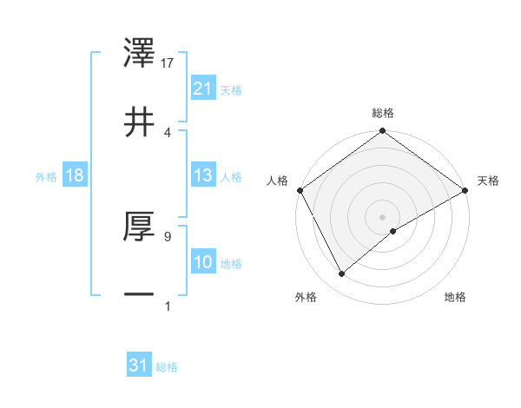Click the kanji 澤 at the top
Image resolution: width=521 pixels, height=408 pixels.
(x=140, y=55)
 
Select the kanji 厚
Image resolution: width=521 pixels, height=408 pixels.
(x=140, y=228)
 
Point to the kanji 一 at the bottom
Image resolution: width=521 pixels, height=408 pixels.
(x=140, y=294)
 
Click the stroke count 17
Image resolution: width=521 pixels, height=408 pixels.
(x=168, y=63)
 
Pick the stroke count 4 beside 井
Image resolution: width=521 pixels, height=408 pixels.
(x=168, y=131)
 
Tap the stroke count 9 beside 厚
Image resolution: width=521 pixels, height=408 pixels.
(x=167, y=235)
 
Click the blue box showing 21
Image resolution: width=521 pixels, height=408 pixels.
(x=203, y=89)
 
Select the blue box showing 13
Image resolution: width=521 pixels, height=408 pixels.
(x=203, y=175)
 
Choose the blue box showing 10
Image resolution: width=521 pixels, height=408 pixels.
(x=203, y=262)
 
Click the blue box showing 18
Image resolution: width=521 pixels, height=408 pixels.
(x=75, y=175)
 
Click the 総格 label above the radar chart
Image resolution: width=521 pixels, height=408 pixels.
(x=383, y=113)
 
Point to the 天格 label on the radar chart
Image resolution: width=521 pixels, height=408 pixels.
(x=489, y=181)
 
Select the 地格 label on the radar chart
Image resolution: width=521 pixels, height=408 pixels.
(x=455, y=298)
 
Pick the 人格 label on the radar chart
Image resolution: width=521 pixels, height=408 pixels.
(x=278, y=181)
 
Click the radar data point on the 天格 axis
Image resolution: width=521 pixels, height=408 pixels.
(x=465, y=189)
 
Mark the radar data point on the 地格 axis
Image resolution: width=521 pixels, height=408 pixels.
(x=393, y=231)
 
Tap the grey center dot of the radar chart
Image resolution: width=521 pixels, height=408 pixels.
(x=383, y=216)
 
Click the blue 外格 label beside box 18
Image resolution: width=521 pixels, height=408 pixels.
(x=46, y=176)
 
